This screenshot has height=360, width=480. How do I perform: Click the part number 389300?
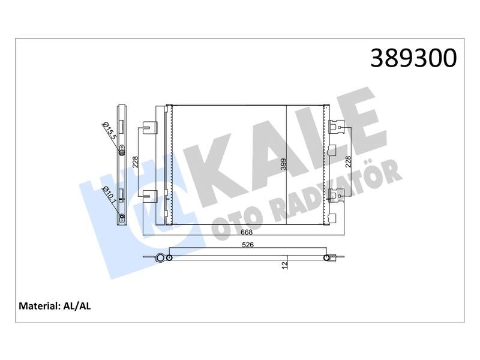point(413,59)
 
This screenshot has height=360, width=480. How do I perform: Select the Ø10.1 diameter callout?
point(110,196)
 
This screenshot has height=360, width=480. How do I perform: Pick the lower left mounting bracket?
point(151,194)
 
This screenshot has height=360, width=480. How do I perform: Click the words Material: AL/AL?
point(55,306)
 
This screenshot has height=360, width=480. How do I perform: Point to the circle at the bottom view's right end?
point(327,258)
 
